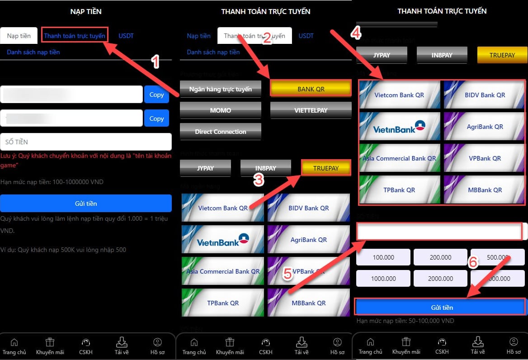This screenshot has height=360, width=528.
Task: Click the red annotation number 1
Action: point(155,62)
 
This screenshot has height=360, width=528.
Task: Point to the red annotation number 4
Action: point(356,33)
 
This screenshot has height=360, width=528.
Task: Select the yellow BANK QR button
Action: point(311,89)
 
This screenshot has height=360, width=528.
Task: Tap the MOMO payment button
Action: point(220,110)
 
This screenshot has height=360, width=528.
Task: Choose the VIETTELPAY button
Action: point(311,110)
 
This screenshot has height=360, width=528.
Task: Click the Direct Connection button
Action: point(220,132)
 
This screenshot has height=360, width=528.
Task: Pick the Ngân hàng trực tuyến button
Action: point(220,89)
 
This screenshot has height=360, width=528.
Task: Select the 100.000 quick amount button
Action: point(383,257)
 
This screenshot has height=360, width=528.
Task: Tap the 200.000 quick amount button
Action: point(440,257)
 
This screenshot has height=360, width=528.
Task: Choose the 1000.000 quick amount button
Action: point(383,279)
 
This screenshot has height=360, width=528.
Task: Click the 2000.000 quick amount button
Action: point(440,279)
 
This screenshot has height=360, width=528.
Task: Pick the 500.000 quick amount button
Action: point(497,257)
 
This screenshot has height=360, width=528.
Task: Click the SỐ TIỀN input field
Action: point(86,142)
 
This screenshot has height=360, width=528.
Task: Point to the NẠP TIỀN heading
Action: point(86,11)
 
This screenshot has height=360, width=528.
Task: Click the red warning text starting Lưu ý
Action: point(86,160)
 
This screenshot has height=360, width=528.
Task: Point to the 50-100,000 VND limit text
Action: point(405,321)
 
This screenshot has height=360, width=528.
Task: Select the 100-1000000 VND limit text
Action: point(52,182)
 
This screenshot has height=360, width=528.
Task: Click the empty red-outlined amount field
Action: point(439,232)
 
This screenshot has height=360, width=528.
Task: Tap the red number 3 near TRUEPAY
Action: point(258,180)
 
